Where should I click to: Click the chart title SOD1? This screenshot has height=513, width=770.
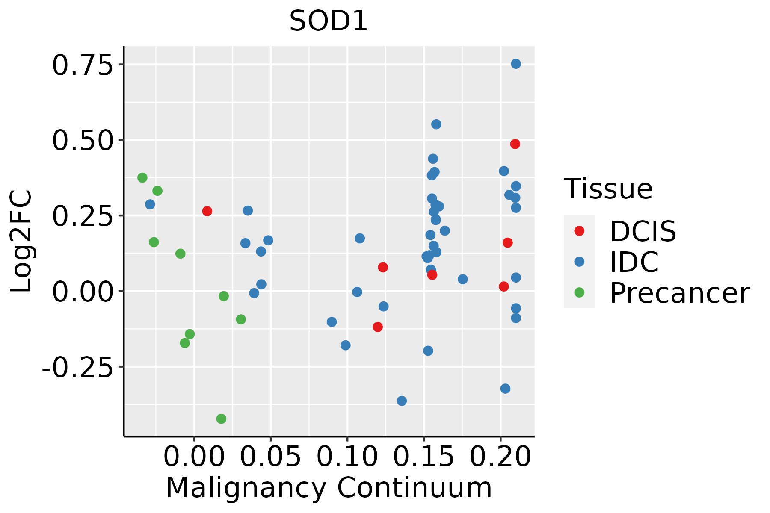pyautogui.click(x=329, y=21)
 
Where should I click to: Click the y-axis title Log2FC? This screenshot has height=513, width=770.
pyautogui.click(x=21, y=241)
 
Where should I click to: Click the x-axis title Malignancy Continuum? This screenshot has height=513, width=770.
pyautogui.click(x=329, y=488)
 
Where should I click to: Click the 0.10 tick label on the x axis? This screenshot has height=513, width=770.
pyautogui.click(x=347, y=457)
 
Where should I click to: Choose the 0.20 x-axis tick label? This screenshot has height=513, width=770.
pyautogui.click(x=500, y=457)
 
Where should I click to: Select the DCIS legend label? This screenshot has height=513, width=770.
pyautogui.click(x=643, y=231)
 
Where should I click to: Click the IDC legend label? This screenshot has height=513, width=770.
pyautogui.click(x=634, y=262)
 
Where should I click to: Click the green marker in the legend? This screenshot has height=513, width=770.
pyautogui.click(x=579, y=292)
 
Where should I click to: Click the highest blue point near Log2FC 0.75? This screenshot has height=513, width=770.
pyautogui.click(x=516, y=64)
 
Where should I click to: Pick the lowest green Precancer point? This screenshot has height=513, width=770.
pyautogui.click(x=221, y=419)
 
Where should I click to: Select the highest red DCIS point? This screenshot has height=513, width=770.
pyautogui.click(x=515, y=144)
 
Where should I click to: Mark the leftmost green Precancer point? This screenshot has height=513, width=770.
pyautogui.click(x=142, y=177)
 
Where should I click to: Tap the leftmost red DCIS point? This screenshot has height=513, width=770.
pyautogui.click(x=207, y=211)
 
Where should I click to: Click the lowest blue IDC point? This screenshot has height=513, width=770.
pyautogui.click(x=402, y=401)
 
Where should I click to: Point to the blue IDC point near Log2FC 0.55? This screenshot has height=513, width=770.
pyautogui.click(x=436, y=124)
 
